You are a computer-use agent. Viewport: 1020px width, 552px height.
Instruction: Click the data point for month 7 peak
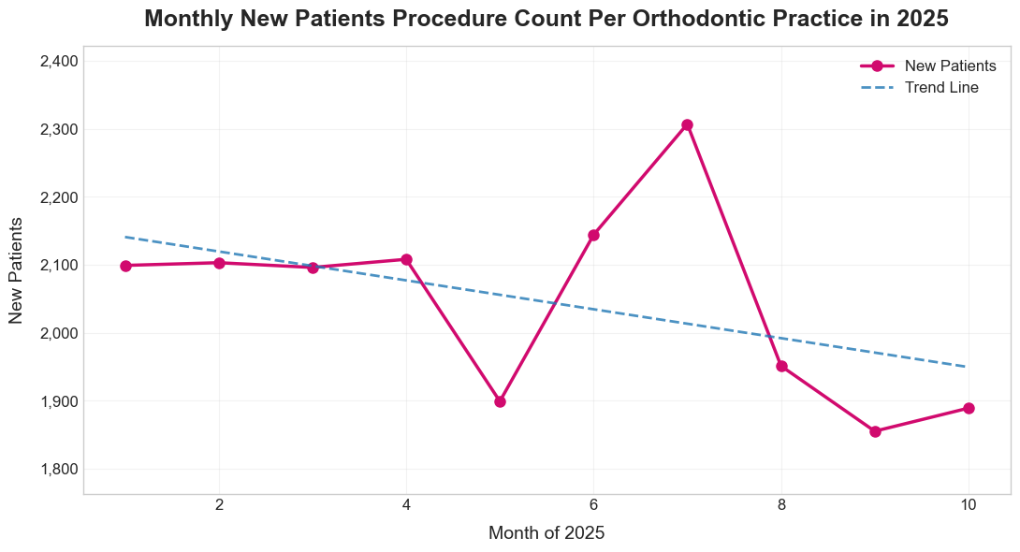click(687, 125)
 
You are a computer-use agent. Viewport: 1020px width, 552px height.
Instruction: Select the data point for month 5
click(500, 401)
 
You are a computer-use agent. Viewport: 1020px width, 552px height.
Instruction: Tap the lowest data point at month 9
click(875, 431)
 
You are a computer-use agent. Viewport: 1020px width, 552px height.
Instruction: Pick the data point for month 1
click(125, 266)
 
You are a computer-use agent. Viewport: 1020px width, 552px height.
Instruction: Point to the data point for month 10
click(969, 408)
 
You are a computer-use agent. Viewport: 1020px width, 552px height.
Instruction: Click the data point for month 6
click(593, 235)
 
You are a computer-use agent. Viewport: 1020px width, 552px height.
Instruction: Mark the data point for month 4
click(406, 259)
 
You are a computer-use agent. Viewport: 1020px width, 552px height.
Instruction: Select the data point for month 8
click(781, 366)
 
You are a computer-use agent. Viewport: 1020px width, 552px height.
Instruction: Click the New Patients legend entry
click(944, 65)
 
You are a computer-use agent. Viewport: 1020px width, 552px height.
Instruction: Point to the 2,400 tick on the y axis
click(59, 62)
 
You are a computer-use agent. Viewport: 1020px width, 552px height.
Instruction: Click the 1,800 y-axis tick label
click(59, 470)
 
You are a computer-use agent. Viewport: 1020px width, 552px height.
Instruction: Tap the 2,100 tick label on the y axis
click(59, 266)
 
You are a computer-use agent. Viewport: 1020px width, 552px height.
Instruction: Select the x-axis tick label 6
click(593, 505)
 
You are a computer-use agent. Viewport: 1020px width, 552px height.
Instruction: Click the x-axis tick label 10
click(969, 505)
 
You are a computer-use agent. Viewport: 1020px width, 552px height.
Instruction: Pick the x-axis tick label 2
click(219, 505)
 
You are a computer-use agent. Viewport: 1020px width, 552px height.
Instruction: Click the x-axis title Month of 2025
click(546, 533)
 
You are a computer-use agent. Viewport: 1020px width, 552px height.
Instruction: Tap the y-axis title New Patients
click(16, 270)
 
